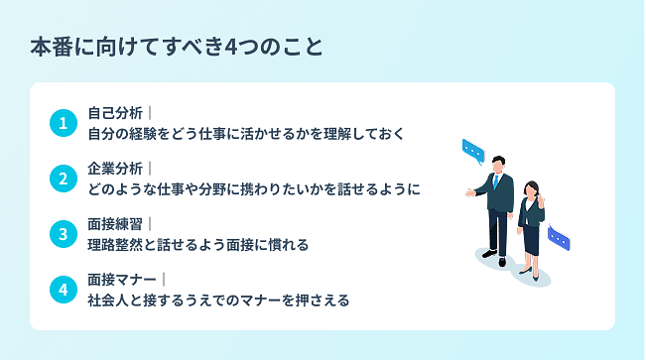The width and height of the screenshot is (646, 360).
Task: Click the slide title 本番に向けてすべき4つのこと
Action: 176,47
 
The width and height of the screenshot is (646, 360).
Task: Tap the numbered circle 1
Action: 63,123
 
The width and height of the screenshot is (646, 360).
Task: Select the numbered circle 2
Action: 63,179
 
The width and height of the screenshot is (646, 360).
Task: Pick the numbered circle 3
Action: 63,234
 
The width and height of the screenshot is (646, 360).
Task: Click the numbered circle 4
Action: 63,290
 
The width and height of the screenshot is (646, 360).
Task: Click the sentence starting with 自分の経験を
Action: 245,133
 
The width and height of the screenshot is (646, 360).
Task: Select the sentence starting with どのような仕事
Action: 253,188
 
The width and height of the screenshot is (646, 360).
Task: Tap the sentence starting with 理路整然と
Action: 197,244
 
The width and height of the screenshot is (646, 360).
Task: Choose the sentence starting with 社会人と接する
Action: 218,300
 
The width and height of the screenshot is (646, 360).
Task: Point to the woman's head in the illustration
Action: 531,187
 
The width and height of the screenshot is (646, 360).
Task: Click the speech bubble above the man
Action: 472,151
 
